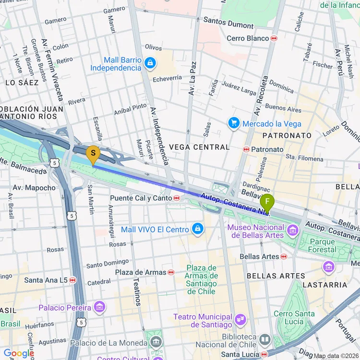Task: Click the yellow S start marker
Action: [x=93, y=154]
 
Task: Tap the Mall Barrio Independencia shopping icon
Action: [x=150, y=63]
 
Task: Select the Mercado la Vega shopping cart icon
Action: [x=234, y=123]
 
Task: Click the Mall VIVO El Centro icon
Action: [x=197, y=229]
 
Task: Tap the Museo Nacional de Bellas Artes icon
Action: [x=292, y=232]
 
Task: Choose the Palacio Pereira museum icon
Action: [x=99, y=307]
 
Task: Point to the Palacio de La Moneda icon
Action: [x=156, y=342]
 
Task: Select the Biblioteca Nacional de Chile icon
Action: [x=264, y=340]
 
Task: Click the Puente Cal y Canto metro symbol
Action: [x=177, y=198]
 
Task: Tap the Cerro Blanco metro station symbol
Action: [x=274, y=38]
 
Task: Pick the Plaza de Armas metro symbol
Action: [x=170, y=272]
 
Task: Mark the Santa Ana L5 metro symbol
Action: [x=72, y=280]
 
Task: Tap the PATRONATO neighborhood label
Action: [x=287, y=135]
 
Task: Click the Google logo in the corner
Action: [x=18, y=353]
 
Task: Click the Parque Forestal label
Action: [x=323, y=246]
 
